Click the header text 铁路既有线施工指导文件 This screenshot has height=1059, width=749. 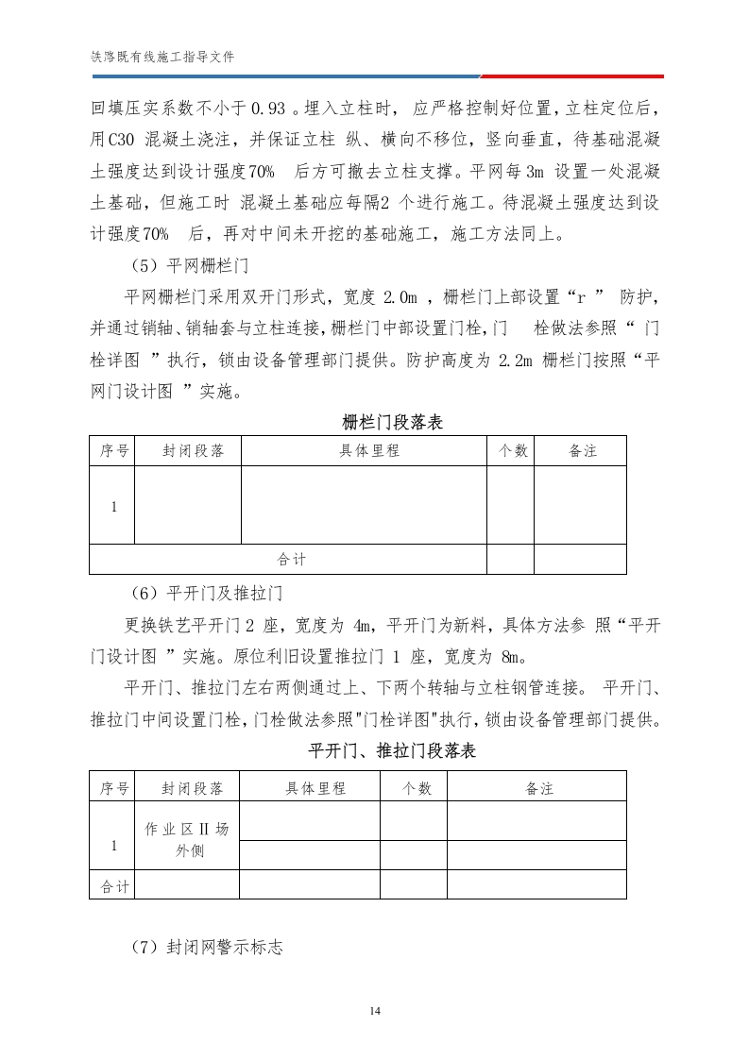coord(162,57)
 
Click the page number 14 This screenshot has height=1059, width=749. coord(375,1011)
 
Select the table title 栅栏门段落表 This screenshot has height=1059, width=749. coord(393,423)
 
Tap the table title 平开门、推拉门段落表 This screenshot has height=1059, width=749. coord(393,751)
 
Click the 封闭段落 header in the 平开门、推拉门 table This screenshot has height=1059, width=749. coord(193,788)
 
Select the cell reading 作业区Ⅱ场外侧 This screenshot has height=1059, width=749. coord(186,839)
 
